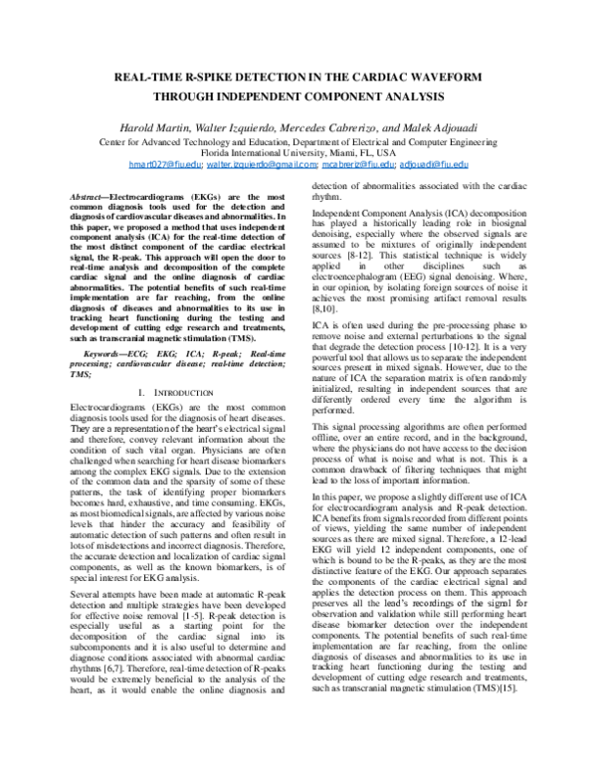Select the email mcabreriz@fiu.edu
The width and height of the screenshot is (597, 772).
coord(357,163)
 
